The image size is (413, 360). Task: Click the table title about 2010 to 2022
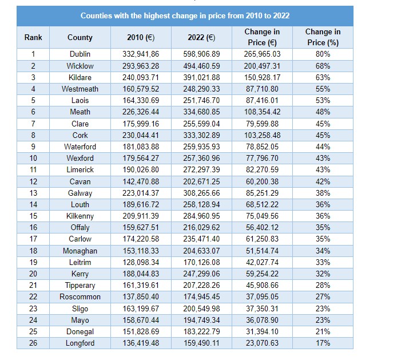[x=185, y=16]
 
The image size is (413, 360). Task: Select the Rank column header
[x=33, y=37]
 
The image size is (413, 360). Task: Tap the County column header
[x=80, y=37]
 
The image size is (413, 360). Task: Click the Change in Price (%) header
[x=323, y=37]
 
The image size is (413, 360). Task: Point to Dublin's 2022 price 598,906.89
[x=201, y=54]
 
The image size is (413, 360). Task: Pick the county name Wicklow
[x=80, y=66]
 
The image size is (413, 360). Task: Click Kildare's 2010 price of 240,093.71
[x=141, y=77]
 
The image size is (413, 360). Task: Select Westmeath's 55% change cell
[x=323, y=89]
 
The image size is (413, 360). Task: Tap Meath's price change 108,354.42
[x=262, y=112]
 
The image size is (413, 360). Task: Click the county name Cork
[x=80, y=135]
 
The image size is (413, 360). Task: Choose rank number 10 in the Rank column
[x=33, y=158]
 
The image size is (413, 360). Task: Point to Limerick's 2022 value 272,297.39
[x=201, y=169]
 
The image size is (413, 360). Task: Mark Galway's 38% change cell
[x=323, y=193]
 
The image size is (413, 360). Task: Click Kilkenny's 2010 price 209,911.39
[x=141, y=216]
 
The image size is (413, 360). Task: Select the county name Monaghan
[x=80, y=251]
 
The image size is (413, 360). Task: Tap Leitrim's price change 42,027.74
[x=262, y=262]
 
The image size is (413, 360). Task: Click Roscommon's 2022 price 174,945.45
[x=201, y=296]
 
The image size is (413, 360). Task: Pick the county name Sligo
[x=80, y=308]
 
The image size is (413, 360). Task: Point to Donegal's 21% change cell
[x=323, y=331]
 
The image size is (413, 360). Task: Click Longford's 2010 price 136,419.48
[x=141, y=343]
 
